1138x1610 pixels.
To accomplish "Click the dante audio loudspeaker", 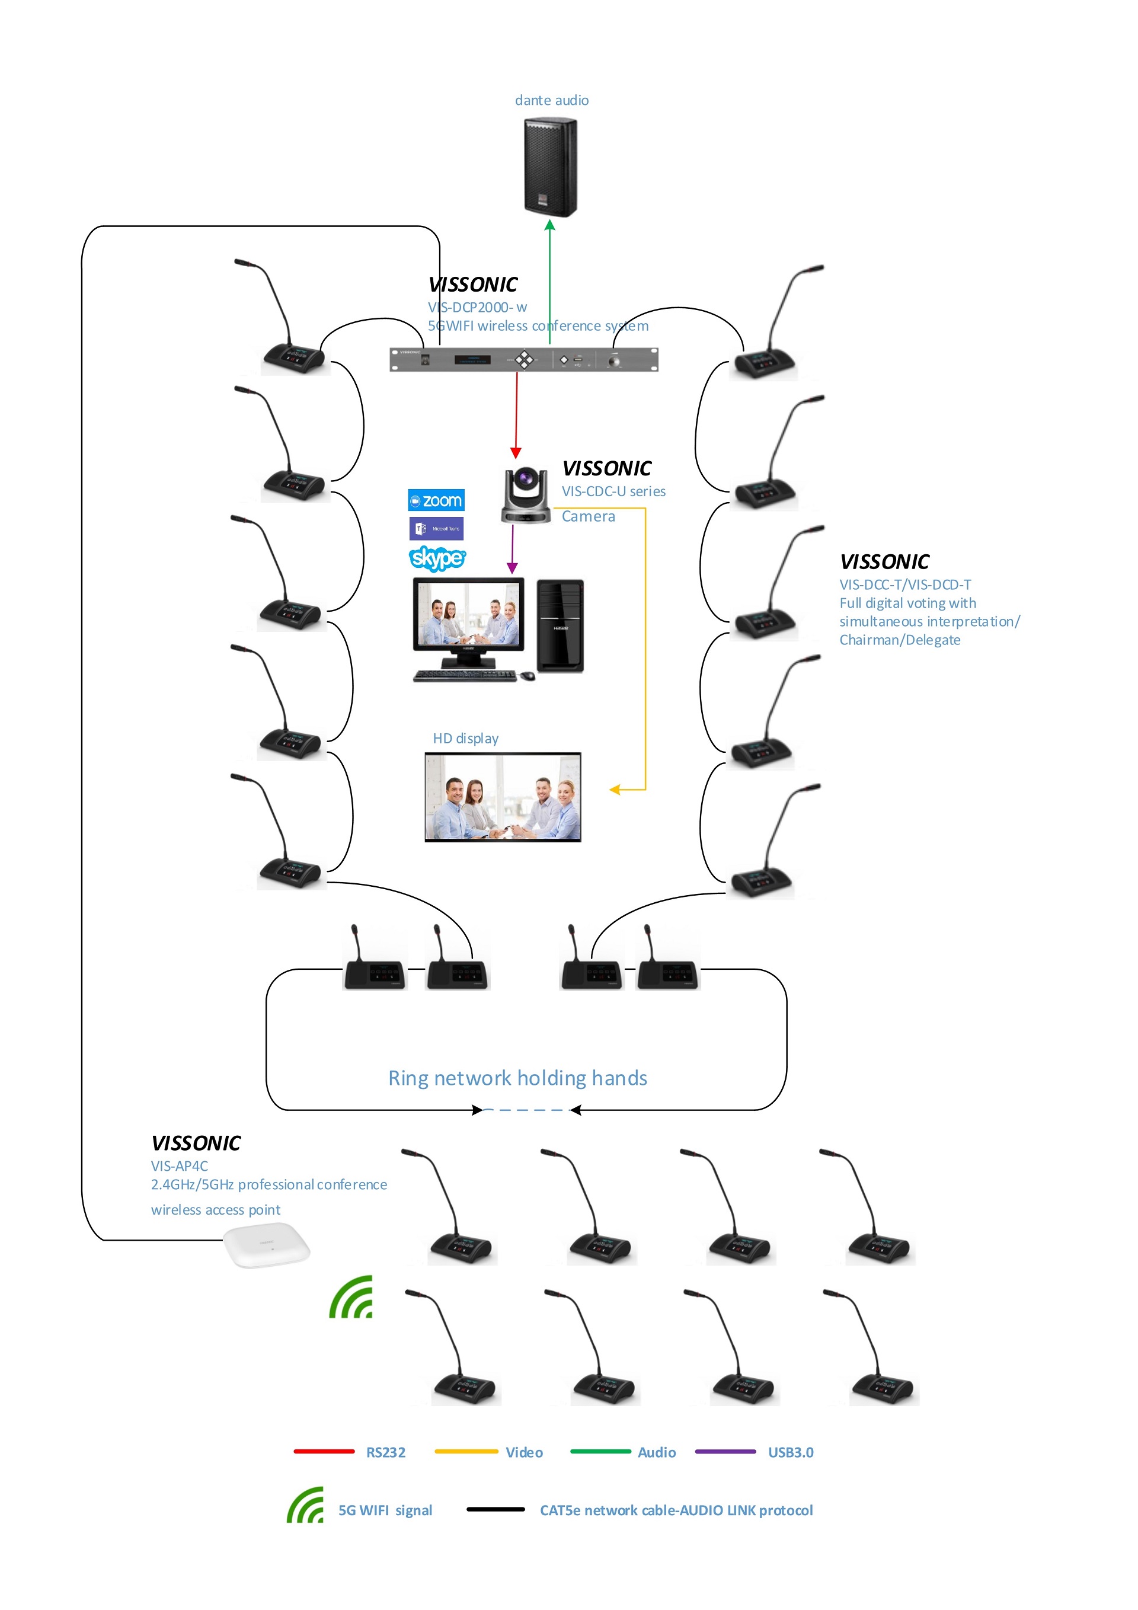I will click(551, 167).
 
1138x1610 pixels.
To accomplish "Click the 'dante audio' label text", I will click(551, 100).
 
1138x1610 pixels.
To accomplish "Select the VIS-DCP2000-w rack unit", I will click(523, 360).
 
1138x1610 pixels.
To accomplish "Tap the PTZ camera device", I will click(525, 496).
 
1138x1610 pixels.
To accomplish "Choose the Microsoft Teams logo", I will click(436, 529).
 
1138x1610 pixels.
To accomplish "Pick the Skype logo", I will click(436, 558).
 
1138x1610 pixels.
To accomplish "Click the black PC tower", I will click(560, 626).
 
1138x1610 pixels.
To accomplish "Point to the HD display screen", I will click(503, 797).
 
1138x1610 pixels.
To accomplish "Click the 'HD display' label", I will click(466, 739).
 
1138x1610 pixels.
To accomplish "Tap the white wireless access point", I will click(267, 1245).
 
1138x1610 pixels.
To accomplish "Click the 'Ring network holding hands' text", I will click(517, 1078).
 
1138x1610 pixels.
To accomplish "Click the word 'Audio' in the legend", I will click(656, 1452).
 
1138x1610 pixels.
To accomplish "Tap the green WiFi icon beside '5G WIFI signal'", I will click(306, 1506).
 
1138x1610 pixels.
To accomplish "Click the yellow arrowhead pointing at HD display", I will click(615, 790).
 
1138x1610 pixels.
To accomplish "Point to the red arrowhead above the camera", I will click(516, 453).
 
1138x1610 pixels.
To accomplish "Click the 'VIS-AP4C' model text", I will click(180, 1166).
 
